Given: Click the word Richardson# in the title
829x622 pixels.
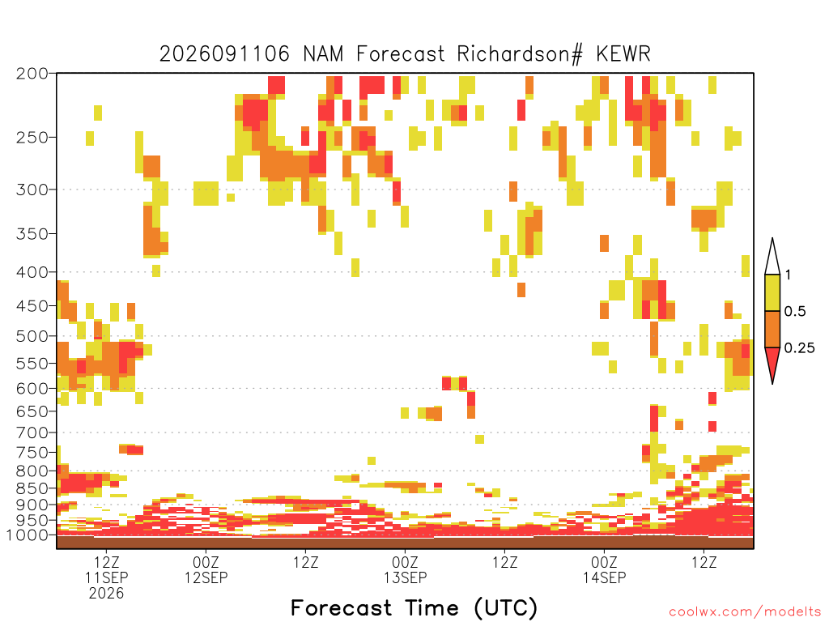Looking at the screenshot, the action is point(520,54).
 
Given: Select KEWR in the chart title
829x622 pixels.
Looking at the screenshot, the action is point(623,54).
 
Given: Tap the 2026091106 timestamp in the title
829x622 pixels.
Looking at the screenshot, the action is point(225,54).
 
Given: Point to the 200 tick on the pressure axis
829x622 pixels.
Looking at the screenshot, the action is point(32,74).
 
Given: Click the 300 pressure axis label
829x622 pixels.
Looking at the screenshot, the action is point(32,190).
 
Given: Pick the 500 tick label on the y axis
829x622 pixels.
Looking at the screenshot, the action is point(32,336).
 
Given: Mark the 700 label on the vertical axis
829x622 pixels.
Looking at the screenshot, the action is point(32,432).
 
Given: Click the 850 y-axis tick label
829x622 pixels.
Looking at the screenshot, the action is point(32,488).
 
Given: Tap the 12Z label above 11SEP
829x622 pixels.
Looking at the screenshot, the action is point(106,562).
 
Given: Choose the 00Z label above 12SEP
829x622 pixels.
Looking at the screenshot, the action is point(206,562).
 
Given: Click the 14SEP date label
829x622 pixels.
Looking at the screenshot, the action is point(604,577).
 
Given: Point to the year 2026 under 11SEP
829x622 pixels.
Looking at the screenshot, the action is point(106,594).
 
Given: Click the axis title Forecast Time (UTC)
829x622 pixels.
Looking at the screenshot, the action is point(414,608).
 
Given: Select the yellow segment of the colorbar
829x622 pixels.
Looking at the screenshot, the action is point(772,292).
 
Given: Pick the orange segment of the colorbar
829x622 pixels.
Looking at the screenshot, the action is point(772,329).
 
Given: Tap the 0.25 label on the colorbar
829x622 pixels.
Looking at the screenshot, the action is point(799,348).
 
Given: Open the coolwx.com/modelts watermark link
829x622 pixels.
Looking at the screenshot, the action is point(745,612).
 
